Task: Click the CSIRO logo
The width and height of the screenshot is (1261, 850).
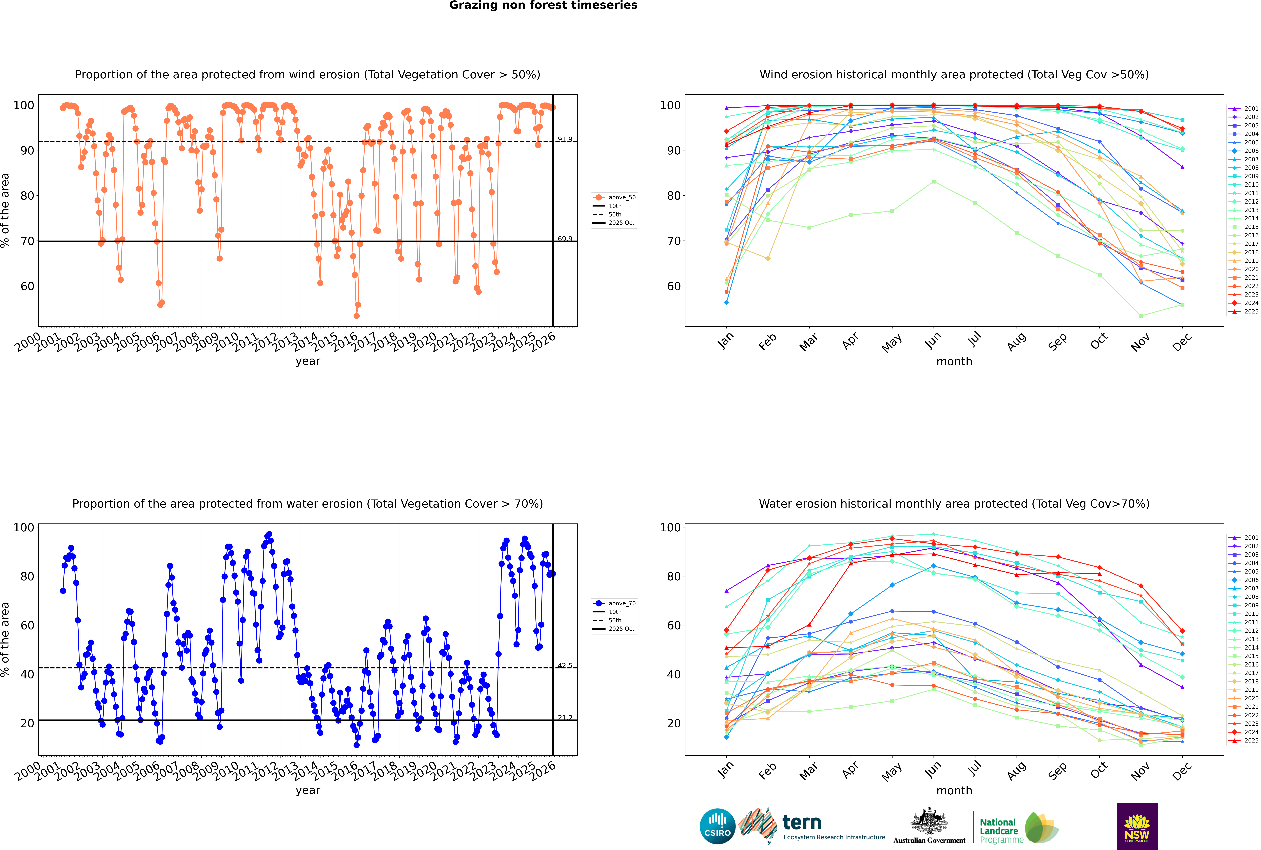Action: pyautogui.click(x=717, y=826)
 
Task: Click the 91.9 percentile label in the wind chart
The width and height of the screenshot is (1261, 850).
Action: pyautogui.click(x=565, y=139)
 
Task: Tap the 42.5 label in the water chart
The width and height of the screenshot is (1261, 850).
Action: pyautogui.click(x=565, y=666)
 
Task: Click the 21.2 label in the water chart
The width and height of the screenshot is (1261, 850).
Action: pyautogui.click(x=565, y=718)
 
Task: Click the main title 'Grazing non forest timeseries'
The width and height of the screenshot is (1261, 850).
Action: pyautogui.click(x=543, y=5)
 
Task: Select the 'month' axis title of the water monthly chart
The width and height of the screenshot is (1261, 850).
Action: pyautogui.click(x=954, y=790)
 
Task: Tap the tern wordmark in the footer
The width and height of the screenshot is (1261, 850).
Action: pyautogui.click(x=802, y=823)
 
